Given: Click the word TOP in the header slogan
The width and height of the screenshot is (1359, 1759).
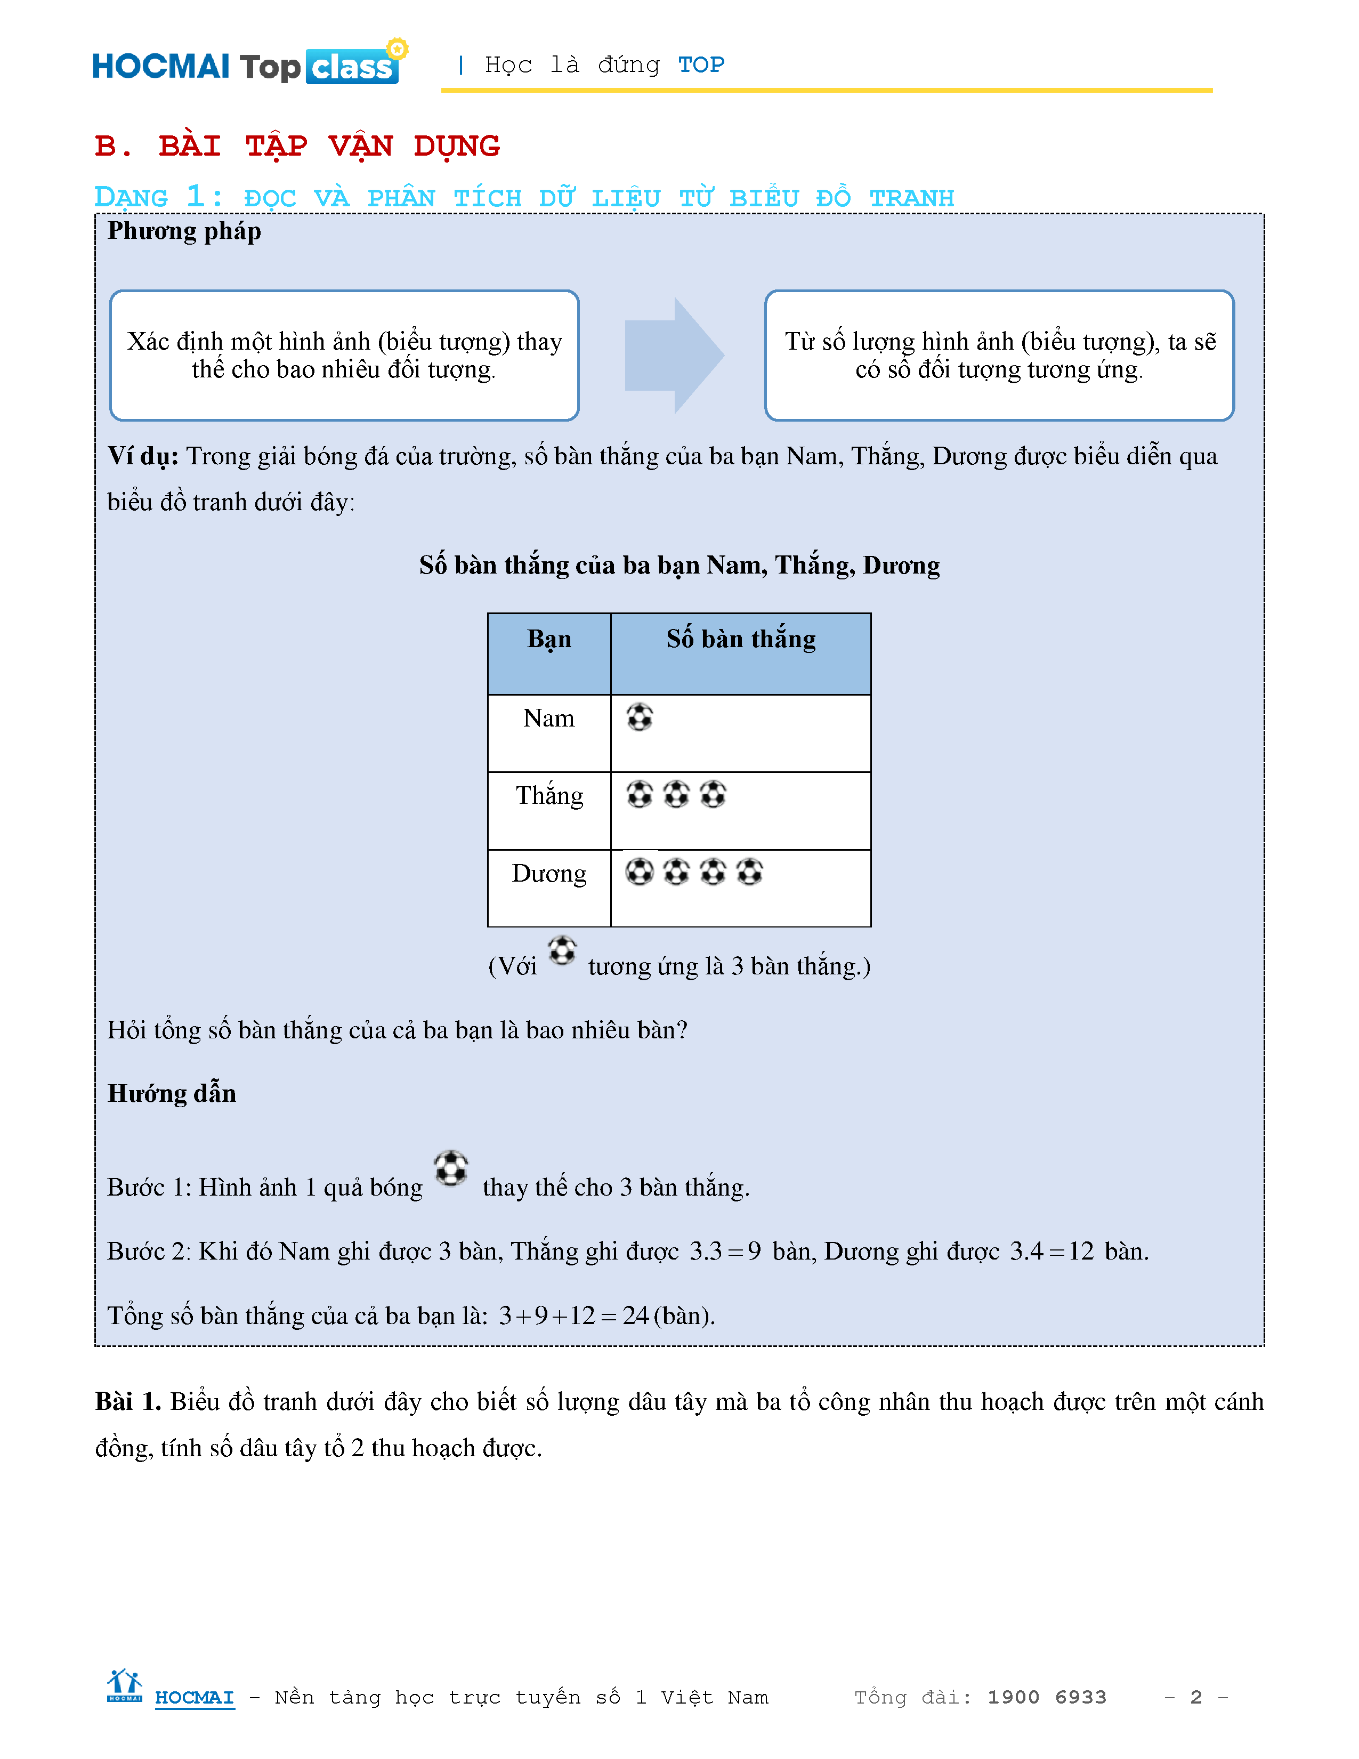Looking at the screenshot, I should [700, 64].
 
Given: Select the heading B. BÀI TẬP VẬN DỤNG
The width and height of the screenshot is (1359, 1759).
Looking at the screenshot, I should [297, 146].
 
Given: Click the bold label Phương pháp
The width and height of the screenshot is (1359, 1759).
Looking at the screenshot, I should [184, 231].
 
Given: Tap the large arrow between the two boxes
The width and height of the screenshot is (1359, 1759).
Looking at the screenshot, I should [674, 355].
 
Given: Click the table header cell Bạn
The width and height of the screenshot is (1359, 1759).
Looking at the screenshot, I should [549, 640].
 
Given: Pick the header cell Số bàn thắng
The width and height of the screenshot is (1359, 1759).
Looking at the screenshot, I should [741, 640].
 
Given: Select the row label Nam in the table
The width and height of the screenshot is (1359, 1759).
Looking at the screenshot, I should [549, 719].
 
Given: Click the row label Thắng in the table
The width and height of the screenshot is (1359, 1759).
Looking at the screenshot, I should [549, 796].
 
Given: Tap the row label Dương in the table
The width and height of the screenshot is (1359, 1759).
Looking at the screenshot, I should [549, 874].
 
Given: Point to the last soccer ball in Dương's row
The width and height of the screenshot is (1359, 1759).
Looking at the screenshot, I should [749, 872].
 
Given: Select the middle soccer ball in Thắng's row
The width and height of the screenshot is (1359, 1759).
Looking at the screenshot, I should [676, 794].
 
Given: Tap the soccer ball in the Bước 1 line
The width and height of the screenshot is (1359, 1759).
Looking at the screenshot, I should [451, 1168].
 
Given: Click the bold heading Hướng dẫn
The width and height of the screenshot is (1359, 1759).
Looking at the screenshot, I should [172, 1094].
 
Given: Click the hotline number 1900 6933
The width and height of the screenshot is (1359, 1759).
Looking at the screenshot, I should [1047, 1697].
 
